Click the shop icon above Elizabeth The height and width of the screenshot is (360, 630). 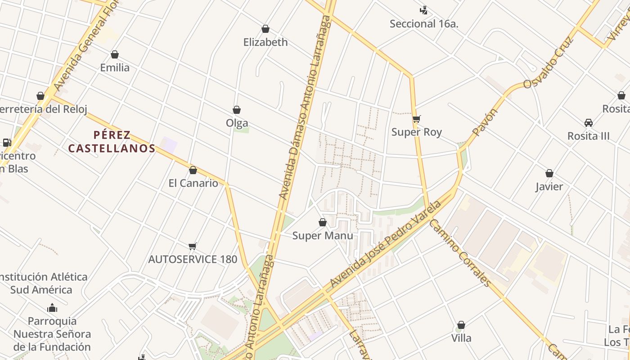pyautogui.click(x=265, y=29)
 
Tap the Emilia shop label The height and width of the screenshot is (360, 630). pyautogui.click(x=115, y=67)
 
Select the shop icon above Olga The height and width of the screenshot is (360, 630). pyautogui.click(x=237, y=110)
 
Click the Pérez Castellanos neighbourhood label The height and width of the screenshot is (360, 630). pyautogui.click(x=112, y=141)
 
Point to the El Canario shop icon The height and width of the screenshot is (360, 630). pyautogui.click(x=193, y=170)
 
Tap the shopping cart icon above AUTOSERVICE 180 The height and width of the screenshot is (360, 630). pyautogui.click(x=193, y=246)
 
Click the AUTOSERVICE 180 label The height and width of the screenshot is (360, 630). pyautogui.click(x=193, y=259)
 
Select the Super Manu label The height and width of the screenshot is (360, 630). pyautogui.click(x=323, y=235)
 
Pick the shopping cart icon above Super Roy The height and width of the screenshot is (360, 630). pyautogui.click(x=417, y=119)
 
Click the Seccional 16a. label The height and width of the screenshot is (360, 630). pyautogui.click(x=424, y=24)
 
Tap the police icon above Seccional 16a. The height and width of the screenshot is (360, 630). pyautogui.click(x=423, y=10)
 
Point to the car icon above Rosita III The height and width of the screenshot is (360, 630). pyautogui.click(x=588, y=122)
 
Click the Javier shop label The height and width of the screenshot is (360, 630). pyautogui.click(x=549, y=186)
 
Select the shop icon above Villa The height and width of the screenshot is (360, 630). pyautogui.click(x=461, y=325)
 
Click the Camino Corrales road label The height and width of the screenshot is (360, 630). pyautogui.click(x=459, y=252)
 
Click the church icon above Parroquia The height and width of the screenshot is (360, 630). pyautogui.click(x=52, y=308)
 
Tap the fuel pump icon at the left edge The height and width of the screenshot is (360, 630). pyautogui.click(x=7, y=143)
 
